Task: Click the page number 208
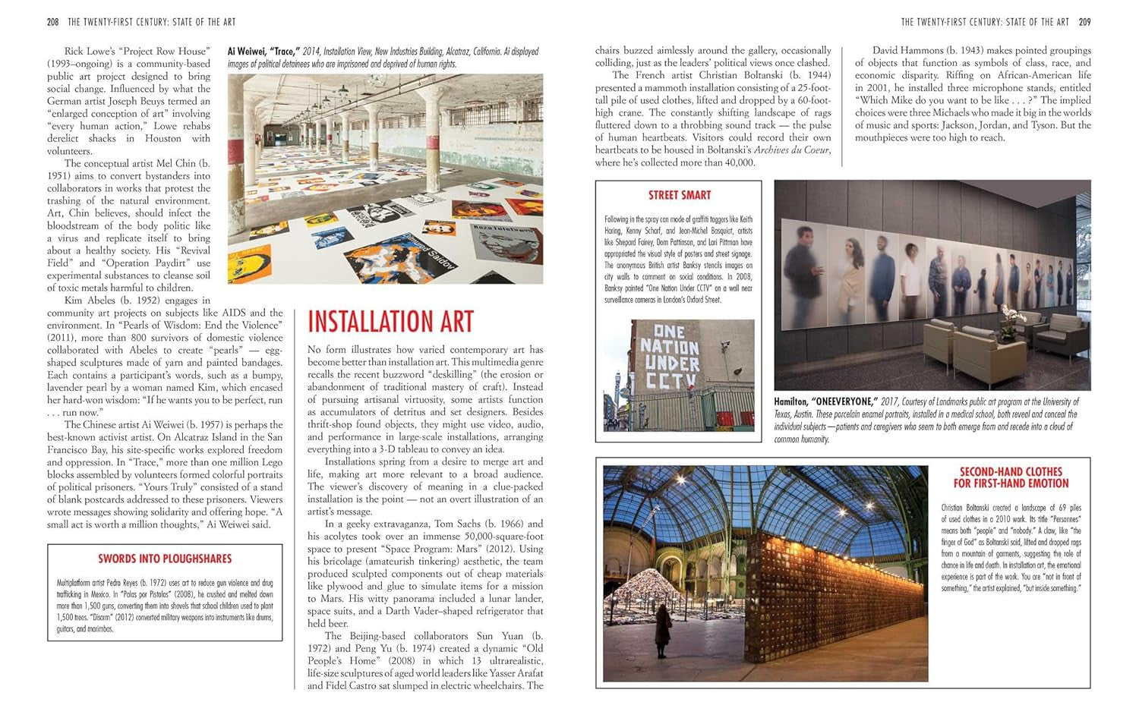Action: coord(52,22)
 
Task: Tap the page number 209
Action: coord(1084,22)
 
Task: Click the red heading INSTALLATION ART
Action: coord(390,322)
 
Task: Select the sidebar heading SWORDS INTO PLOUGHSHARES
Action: coord(165,559)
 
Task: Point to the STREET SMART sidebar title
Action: coord(680,195)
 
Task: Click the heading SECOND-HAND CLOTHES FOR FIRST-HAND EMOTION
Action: coord(1011,477)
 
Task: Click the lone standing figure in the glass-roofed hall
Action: coord(663,631)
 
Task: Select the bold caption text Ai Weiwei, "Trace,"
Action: coord(263,52)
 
